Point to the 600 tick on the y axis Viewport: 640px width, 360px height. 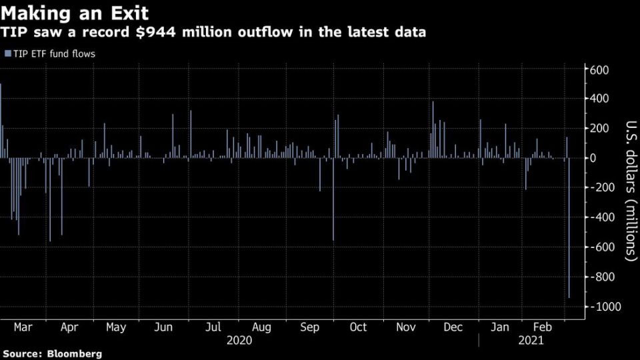click(x=599, y=69)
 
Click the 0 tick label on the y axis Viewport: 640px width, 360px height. click(x=591, y=158)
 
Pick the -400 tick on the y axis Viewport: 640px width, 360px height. click(x=599, y=217)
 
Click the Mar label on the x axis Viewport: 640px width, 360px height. click(x=23, y=327)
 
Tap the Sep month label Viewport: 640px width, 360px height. click(x=309, y=327)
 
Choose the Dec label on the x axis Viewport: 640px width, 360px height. click(x=453, y=327)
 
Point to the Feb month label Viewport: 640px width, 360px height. click(x=543, y=327)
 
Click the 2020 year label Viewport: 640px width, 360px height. click(x=239, y=340)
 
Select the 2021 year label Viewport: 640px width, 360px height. click(x=531, y=340)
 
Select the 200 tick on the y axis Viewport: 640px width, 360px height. click(x=599, y=128)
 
